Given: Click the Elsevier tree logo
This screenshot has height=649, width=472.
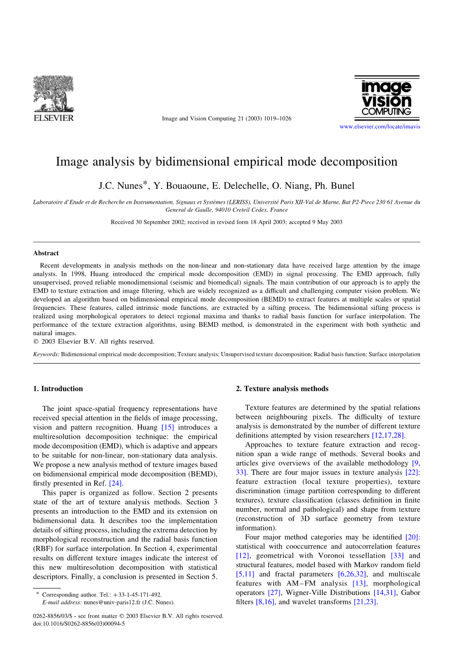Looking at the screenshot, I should point(53,94).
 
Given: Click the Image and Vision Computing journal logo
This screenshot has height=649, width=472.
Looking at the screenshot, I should point(387,97).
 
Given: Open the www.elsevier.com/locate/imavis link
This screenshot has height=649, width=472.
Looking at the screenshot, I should point(380,127).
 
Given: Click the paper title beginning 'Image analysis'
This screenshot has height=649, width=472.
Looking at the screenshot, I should point(226,162).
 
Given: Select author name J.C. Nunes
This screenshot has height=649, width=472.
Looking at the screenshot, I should point(120,186).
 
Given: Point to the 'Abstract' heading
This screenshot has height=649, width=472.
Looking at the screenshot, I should point(46,253).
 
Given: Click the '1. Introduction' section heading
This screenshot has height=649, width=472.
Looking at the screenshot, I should point(58,389).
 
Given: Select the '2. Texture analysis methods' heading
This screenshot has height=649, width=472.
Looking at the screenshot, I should point(282,389).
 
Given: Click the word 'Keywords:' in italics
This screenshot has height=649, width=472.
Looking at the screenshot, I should point(46,354).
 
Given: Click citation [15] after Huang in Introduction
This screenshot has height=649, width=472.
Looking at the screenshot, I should point(168,427).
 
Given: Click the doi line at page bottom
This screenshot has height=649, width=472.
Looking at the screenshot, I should point(79,624).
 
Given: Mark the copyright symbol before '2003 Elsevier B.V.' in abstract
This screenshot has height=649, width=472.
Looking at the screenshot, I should point(36,342).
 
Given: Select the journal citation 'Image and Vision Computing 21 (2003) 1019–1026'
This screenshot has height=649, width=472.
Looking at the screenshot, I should point(227,119).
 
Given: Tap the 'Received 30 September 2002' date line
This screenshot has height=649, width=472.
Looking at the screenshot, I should point(227,222).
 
